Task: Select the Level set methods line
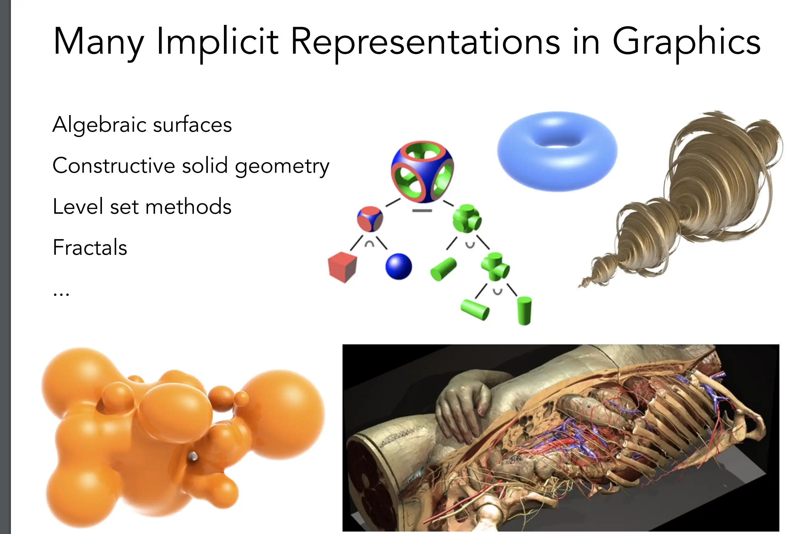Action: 142,206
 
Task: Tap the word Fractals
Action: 90,247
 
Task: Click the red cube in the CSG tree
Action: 342,267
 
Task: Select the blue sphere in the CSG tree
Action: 398,267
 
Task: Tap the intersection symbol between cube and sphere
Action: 370,244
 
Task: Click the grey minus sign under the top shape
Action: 422,211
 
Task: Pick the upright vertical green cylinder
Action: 524,311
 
